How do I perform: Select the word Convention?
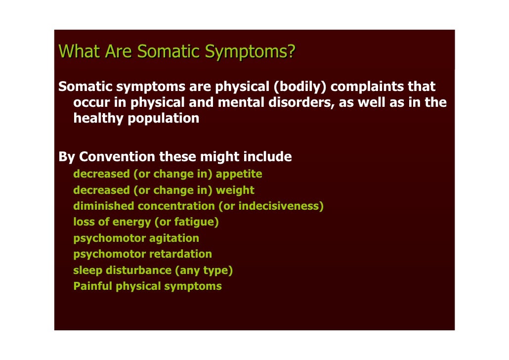click(x=117, y=157)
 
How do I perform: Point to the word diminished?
click(x=104, y=206)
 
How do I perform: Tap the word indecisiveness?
click(x=279, y=206)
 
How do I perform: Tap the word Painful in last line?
click(x=92, y=286)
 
